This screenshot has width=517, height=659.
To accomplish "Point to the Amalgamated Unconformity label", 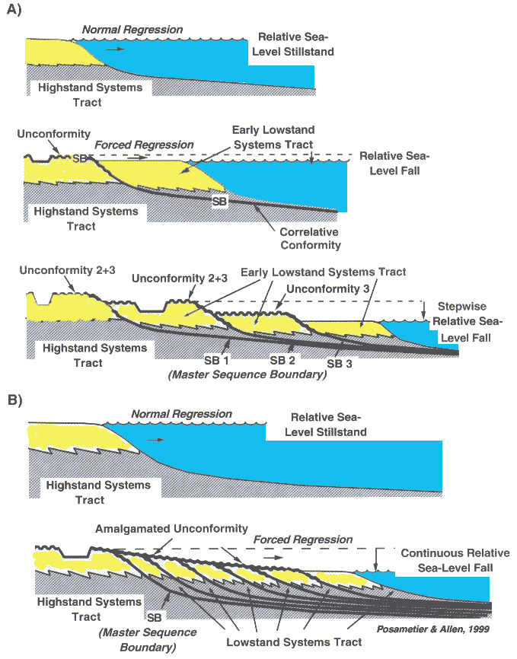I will pos(172,528).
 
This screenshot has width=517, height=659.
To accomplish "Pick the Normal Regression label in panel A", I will pos(132,30).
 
